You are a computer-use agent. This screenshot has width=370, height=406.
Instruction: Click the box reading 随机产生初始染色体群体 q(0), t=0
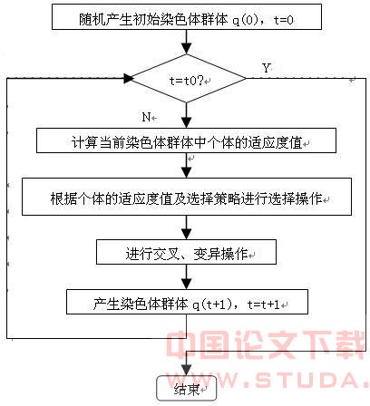[x=187, y=17]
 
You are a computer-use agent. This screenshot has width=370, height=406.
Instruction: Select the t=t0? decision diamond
[x=187, y=79]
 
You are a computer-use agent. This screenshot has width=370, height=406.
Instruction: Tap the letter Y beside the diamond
[x=266, y=68]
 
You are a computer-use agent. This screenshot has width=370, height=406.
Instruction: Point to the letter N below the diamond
[x=146, y=117]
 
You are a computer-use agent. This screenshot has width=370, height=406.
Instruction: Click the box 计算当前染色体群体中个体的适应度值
[x=186, y=140]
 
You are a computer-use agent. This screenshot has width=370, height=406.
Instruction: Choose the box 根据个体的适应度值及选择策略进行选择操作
[x=187, y=197]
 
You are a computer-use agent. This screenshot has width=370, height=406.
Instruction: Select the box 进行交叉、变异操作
[x=186, y=252]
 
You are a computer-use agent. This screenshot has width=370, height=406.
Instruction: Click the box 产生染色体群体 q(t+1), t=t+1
[x=187, y=302]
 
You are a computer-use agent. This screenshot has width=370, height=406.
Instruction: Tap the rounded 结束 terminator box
[x=187, y=388]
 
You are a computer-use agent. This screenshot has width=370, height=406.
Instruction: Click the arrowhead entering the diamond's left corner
[x=129, y=79]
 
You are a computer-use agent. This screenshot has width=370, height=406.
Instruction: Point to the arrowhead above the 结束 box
[x=187, y=370]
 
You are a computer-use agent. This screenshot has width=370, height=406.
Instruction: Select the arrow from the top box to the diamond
[x=187, y=42]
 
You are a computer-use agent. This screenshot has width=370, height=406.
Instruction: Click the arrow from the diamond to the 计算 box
[x=187, y=116]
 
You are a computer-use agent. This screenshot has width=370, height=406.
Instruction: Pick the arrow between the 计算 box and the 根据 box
[x=187, y=165]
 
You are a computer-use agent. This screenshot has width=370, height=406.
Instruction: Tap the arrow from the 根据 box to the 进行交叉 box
[x=187, y=227]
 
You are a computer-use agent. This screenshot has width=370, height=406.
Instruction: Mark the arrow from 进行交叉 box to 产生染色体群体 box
[x=187, y=277]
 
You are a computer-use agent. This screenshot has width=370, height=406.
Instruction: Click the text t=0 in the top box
[x=283, y=20]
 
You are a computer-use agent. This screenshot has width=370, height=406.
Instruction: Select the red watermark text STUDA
[x=305, y=380]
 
